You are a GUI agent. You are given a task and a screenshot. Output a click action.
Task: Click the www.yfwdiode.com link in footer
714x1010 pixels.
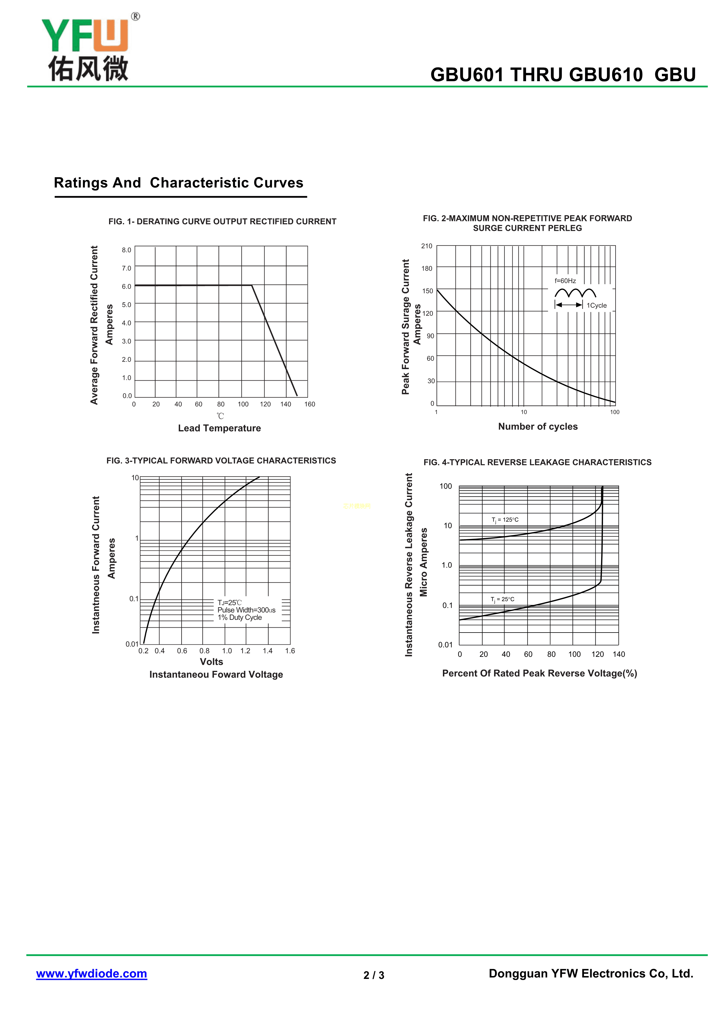[x=92, y=973]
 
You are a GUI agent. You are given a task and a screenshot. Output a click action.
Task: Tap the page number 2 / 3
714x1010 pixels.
[x=374, y=975]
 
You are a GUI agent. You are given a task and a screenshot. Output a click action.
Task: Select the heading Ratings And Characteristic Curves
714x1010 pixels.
[x=178, y=183]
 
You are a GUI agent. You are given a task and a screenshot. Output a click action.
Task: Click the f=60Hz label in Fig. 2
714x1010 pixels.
[x=565, y=281]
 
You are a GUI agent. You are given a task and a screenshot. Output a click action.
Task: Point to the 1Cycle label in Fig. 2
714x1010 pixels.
[x=597, y=305]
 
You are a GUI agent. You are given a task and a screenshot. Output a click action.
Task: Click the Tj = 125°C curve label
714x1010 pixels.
[x=505, y=519]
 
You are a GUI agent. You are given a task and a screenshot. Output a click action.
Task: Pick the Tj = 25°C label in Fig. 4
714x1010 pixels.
[x=502, y=599]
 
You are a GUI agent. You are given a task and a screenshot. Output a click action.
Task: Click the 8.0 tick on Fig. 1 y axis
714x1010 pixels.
[x=127, y=250]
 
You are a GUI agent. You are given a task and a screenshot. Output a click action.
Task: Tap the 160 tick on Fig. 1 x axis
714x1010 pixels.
[x=310, y=404]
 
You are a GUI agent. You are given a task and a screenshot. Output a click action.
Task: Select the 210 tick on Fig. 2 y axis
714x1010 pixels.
[x=427, y=246]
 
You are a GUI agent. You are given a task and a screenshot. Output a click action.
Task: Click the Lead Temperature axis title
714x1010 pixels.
[x=219, y=428]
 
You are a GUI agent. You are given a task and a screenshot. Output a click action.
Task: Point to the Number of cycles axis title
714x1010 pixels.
[x=538, y=426]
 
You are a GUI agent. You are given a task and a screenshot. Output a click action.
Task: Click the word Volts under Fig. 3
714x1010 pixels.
[x=212, y=662]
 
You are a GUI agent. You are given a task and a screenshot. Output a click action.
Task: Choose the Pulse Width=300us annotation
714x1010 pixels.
[x=246, y=610]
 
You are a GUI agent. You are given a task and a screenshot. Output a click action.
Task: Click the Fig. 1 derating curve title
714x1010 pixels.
[x=222, y=221]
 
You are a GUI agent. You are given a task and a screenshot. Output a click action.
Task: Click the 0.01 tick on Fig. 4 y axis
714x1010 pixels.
[x=445, y=645]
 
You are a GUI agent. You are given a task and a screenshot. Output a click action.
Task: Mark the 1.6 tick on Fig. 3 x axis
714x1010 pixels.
[x=290, y=651]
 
